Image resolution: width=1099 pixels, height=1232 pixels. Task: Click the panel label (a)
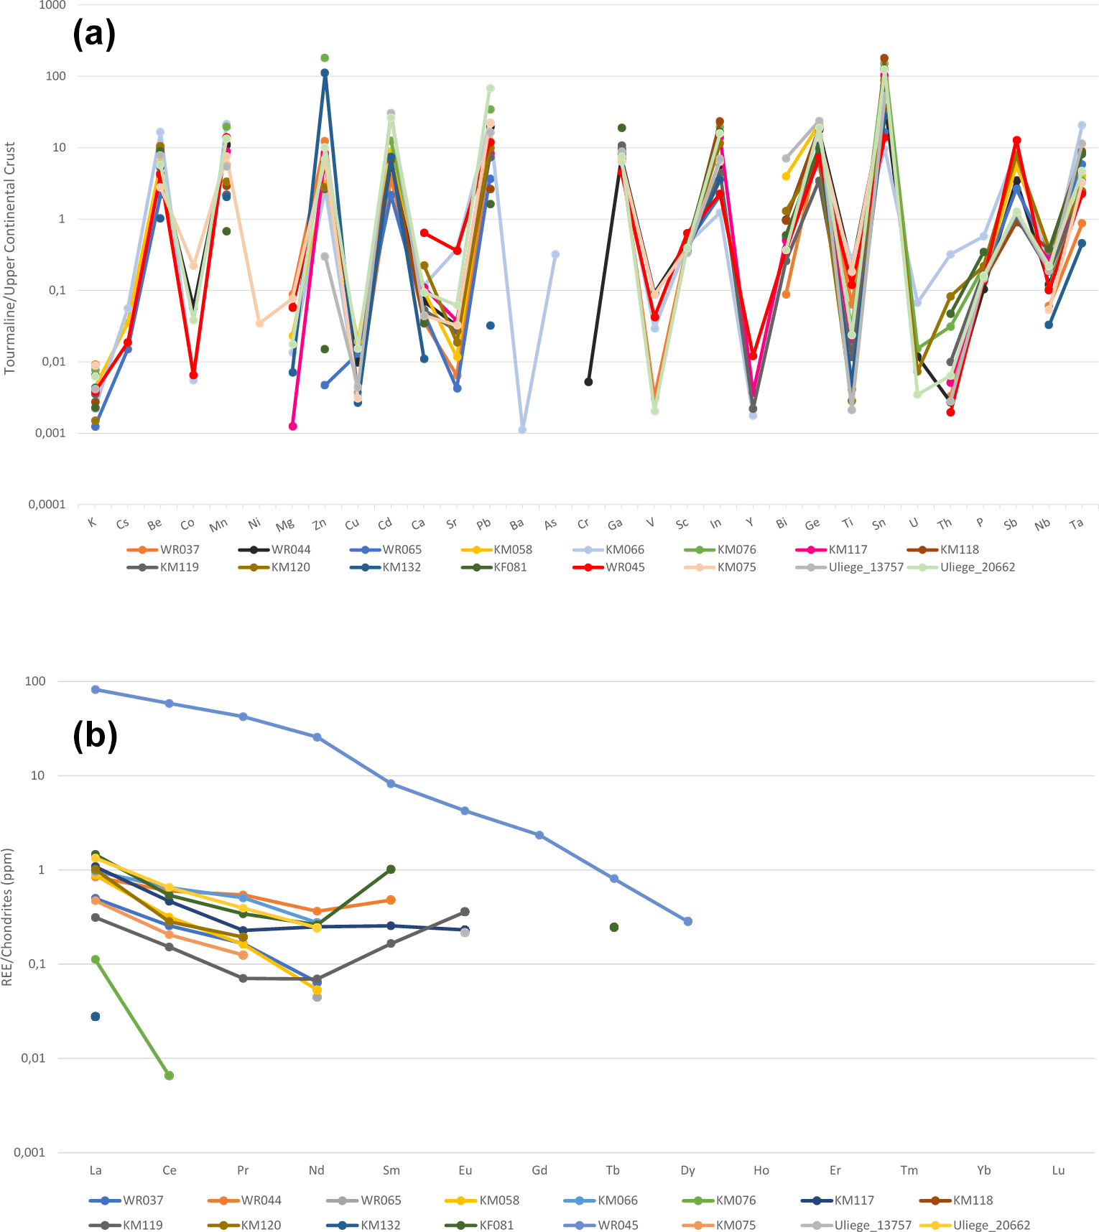pyautogui.click(x=94, y=34)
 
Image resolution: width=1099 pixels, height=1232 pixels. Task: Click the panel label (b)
pyautogui.click(x=95, y=735)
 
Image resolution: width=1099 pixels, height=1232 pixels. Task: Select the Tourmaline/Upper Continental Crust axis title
pyautogui.click(x=10, y=258)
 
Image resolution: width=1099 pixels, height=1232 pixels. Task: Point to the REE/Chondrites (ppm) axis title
pyautogui.click(x=8, y=917)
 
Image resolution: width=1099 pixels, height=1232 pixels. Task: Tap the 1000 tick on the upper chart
pyautogui.click(x=52, y=5)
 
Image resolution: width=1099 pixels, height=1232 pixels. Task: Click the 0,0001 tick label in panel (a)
pyautogui.click(x=47, y=505)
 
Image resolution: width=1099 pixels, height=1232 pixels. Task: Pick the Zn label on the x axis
pyautogui.click(x=319, y=524)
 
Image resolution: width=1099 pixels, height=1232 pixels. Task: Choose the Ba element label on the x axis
pyautogui.click(x=516, y=524)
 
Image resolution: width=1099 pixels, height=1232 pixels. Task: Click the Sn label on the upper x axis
pyautogui.click(x=878, y=524)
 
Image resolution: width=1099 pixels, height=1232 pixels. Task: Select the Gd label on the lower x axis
pyautogui.click(x=539, y=1170)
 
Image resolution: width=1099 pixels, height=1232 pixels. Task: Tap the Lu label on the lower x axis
pyautogui.click(x=1058, y=1170)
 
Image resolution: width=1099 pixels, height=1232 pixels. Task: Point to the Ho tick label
pyautogui.click(x=761, y=1170)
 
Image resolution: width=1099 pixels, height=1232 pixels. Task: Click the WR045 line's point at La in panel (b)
pyautogui.click(x=96, y=689)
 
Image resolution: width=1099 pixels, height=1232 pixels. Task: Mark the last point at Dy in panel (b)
pyautogui.click(x=687, y=921)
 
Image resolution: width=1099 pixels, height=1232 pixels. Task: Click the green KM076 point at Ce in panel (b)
pyautogui.click(x=170, y=1075)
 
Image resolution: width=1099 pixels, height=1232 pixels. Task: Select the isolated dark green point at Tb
pyautogui.click(x=614, y=928)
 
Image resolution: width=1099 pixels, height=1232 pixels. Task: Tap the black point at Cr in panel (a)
pyautogui.click(x=588, y=382)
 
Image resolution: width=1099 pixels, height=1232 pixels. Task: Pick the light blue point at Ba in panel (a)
pyautogui.click(x=522, y=430)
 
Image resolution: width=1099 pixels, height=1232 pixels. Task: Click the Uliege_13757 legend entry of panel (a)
pyautogui.click(x=850, y=567)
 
